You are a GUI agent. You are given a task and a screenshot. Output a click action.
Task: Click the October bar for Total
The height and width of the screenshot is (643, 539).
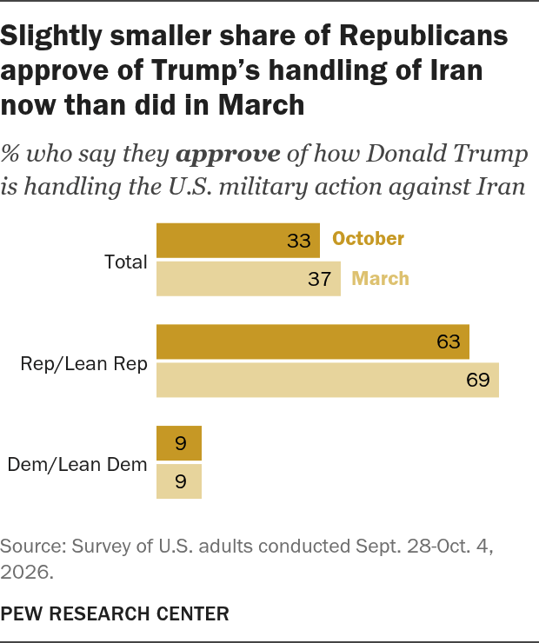[238, 241]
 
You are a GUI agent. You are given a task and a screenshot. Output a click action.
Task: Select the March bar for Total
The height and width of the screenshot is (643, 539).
[249, 278]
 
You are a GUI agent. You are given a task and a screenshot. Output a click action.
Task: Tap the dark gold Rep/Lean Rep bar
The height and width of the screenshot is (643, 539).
[313, 341]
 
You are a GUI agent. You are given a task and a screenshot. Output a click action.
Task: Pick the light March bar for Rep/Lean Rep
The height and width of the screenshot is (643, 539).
[328, 380]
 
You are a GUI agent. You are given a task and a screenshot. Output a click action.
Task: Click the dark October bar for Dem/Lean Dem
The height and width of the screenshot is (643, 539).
[179, 443]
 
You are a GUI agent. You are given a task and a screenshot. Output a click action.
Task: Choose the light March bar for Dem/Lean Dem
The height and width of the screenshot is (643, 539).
[179, 481]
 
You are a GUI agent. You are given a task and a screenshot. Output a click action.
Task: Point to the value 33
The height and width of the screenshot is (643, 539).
[299, 241]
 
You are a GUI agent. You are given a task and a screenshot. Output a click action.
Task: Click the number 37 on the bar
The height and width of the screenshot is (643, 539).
[320, 279]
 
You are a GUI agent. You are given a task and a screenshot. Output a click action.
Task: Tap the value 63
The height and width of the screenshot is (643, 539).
[449, 341]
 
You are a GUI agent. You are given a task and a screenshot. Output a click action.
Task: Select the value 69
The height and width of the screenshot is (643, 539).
[478, 380]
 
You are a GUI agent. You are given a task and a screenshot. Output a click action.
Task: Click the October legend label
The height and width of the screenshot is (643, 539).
[368, 239]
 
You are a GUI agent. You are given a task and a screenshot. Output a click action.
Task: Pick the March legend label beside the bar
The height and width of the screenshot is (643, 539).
[380, 278]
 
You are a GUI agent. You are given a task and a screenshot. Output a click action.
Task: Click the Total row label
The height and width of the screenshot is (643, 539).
[125, 262]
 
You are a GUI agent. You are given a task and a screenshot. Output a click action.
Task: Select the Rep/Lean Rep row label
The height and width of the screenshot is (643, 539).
[83, 364]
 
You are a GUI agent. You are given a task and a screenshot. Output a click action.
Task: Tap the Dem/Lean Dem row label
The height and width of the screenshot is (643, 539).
[77, 465]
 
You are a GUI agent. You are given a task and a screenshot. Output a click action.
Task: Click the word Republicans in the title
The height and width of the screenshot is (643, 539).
[423, 36]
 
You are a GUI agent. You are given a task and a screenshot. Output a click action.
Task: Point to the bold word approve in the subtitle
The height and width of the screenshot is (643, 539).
[228, 155]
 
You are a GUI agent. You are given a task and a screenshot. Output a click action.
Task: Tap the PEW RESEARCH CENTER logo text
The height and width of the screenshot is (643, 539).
[115, 613]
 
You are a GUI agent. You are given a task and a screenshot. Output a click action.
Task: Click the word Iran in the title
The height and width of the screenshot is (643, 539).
[457, 70]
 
